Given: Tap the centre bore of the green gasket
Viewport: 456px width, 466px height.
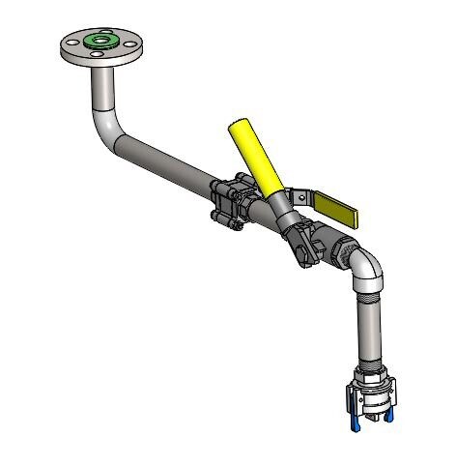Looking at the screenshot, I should (x=99, y=41).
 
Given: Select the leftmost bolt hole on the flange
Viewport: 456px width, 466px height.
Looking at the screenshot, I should (x=71, y=45).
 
